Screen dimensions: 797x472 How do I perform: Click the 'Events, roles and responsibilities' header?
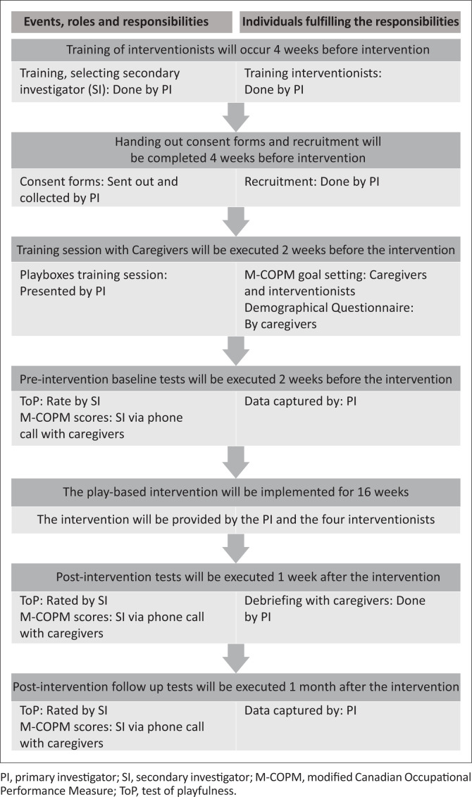tap(116, 22)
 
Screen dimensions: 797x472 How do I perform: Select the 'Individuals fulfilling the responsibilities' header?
tap(350, 22)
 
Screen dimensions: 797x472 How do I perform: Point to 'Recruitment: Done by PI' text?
tap(311, 181)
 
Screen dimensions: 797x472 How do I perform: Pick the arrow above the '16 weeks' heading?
tap(235, 460)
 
